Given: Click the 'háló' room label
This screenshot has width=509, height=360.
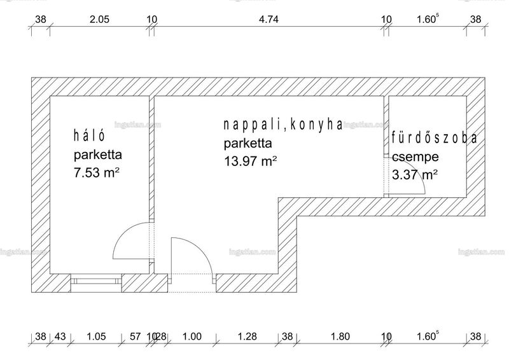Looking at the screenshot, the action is click(89, 135).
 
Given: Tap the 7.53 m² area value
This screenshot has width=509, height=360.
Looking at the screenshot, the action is click(97, 172).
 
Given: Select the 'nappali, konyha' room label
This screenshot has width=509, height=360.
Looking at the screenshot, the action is click(282, 125).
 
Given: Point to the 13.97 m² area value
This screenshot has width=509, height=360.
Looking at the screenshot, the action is click(250, 161).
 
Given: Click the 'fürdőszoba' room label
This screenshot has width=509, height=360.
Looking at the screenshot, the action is click(435, 138).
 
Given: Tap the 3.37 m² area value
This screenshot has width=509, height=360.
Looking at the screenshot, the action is click(415, 175).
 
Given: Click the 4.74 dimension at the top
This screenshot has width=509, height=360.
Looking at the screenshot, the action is click(268, 20).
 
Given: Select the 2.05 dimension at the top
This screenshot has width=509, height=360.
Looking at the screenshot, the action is click(99, 20).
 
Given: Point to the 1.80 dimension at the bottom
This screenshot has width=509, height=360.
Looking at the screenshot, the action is click(340, 336).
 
